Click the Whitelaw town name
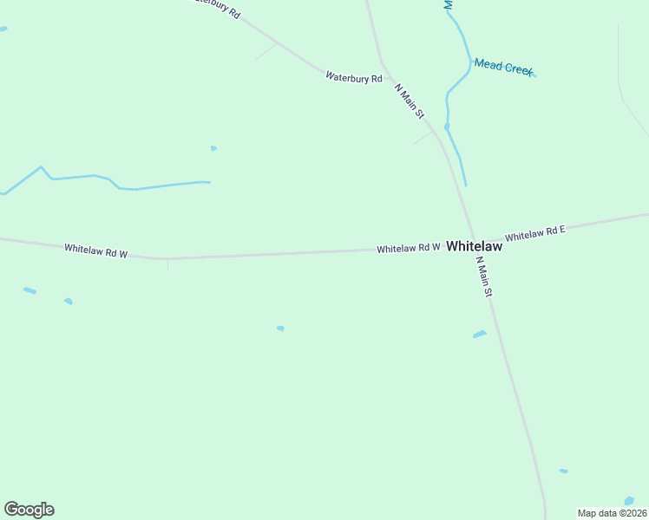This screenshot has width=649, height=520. (x=475, y=246)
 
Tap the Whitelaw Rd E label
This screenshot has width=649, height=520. (x=535, y=233)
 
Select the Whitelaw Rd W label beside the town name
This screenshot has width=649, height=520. (x=409, y=248)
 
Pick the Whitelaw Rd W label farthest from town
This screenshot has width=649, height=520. (x=96, y=251)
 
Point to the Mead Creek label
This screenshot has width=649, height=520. (x=503, y=67)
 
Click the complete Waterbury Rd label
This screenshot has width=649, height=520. (x=354, y=77)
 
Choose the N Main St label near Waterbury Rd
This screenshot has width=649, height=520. (x=410, y=101)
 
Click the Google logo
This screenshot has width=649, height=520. (x=29, y=510)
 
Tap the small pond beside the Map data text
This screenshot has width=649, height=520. (x=629, y=501)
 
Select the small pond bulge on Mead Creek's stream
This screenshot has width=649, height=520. (x=447, y=127)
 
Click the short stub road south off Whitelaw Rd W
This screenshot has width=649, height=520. (x=167, y=263)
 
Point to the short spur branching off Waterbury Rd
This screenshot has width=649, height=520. (x=265, y=51)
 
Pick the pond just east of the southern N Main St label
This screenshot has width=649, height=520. (x=479, y=334)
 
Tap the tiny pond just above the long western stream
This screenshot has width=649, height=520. (x=213, y=148)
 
